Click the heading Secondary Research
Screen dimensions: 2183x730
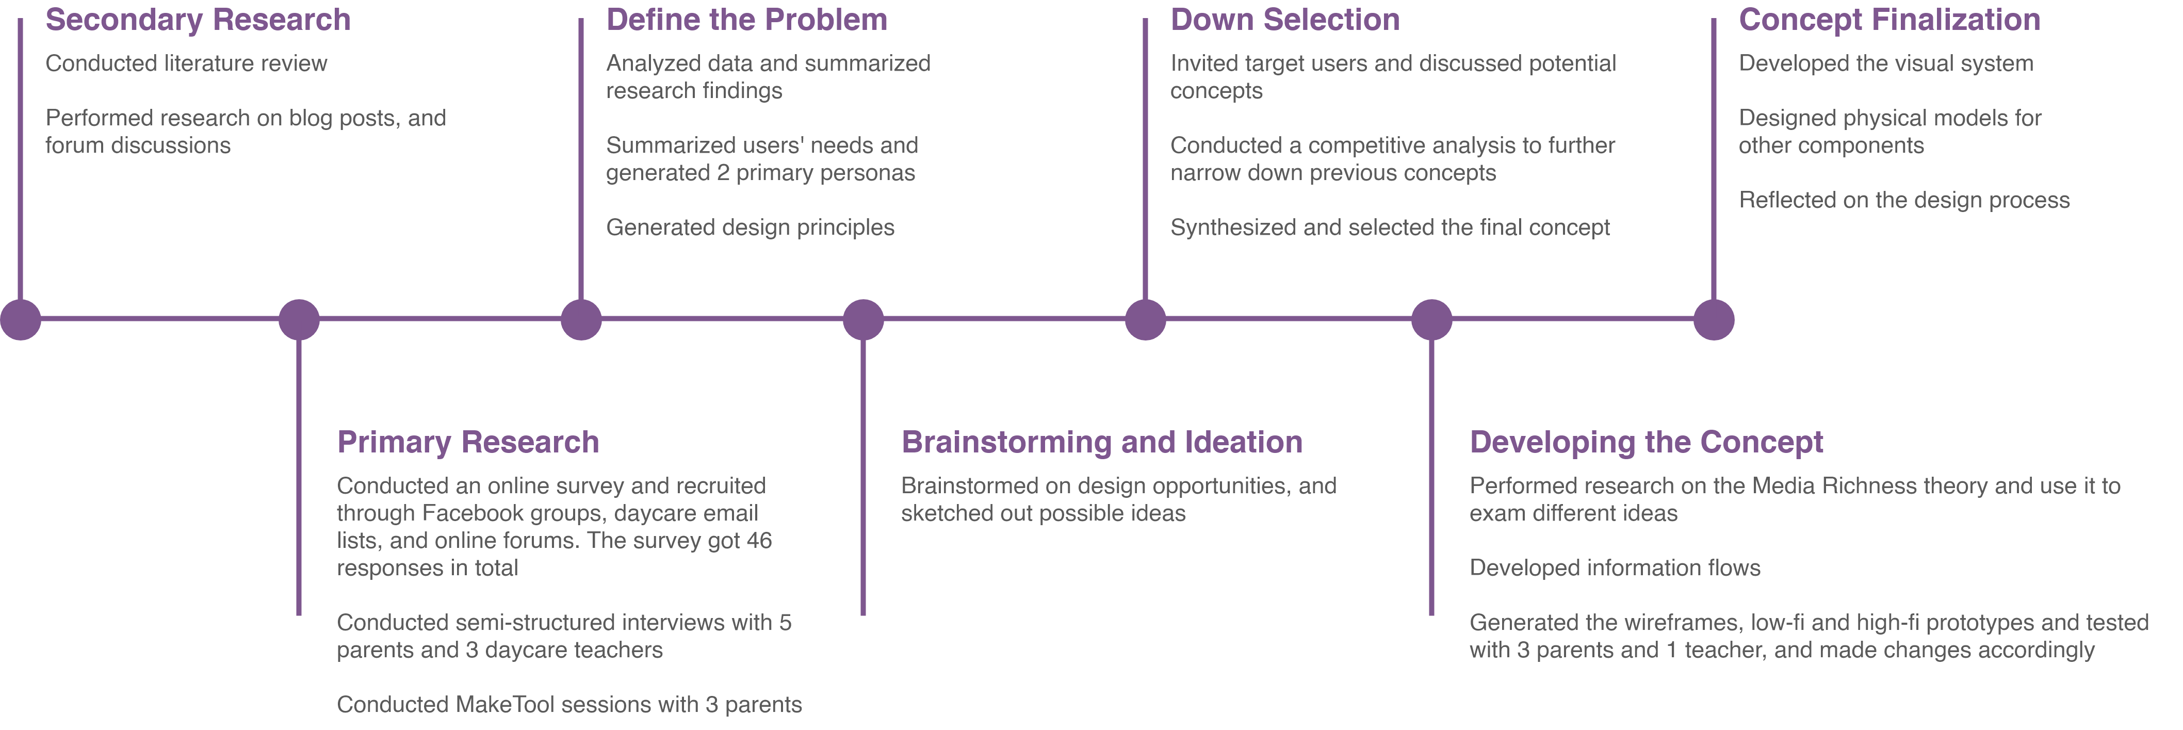click(198, 20)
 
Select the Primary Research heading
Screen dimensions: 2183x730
click(468, 443)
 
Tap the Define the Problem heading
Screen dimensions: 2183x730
click(746, 20)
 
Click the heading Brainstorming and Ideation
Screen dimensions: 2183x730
click(1102, 443)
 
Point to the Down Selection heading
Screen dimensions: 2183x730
click(1285, 20)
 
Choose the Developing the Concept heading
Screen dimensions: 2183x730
click(1646, 443)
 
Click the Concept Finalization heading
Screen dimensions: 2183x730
click(1889, 20)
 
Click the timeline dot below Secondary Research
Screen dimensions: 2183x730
click(20, 320)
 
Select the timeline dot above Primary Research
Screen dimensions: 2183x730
click(299, 320)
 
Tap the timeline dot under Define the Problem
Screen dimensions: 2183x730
click(581, 320)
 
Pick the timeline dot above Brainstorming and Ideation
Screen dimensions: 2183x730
click(864, 320)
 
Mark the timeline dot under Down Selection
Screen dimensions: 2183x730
click(1146, 320)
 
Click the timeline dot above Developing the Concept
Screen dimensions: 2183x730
click(1432, 320)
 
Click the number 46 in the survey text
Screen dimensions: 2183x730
click(759, 541)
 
